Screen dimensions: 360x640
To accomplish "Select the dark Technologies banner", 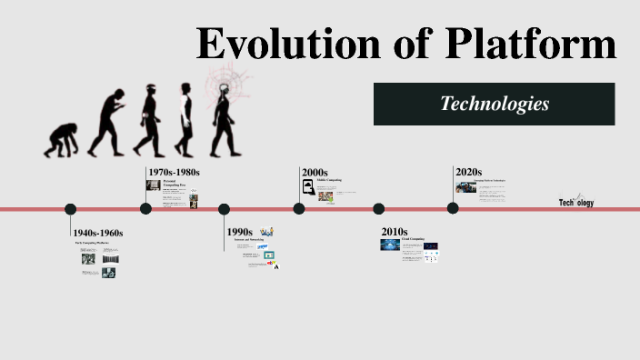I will (494, 104).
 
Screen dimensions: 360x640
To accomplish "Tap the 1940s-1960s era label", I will (98, 233).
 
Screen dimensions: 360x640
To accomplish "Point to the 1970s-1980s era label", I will (174, 172).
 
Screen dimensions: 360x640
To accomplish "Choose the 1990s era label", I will (240, 232).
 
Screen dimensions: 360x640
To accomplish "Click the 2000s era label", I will (315, 172).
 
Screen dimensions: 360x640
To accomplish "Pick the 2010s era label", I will (394, 232).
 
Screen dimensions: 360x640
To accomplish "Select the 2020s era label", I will (468, 172).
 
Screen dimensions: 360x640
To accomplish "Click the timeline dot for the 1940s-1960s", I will (70, 209).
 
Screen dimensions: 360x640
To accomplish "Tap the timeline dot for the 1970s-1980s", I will (145, 209).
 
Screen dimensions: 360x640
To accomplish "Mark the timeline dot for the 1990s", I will (224, 209).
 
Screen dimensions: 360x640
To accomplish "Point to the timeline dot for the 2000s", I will (299, 209).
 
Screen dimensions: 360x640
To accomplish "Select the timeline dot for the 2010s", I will (377, 209).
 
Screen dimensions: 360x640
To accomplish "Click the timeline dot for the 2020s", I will (453, 209).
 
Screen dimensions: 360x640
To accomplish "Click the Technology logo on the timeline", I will (576, 202).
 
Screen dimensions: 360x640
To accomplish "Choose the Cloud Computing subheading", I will (414, 239).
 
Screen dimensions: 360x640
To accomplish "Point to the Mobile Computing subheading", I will (329, 180).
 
